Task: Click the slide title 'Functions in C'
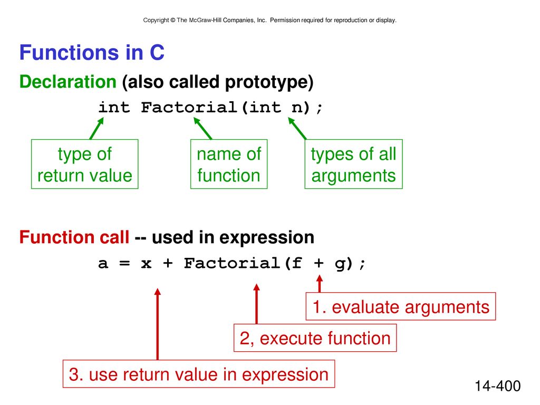pos(92,53)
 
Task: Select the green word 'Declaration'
pos(68,82)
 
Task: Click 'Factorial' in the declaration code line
pos(189,108)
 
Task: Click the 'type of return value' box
pos(85,164)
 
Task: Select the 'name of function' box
pos(229,164)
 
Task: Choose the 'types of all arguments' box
pos(353,164)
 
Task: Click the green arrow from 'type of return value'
pos(97,129)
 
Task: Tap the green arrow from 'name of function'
pos(202,129)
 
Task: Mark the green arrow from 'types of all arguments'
pos(297,129)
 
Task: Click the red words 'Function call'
pos(74,237)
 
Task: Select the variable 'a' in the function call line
pos(103,264)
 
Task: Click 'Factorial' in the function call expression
pos(232,264)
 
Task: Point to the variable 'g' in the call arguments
pos(339,265)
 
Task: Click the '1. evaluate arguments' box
pos(401,306)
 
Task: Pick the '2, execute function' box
pos(315,338)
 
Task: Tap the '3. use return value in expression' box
pos(199,374)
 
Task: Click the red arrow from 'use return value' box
pos(157,324)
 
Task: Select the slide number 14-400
pos(498,386)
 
